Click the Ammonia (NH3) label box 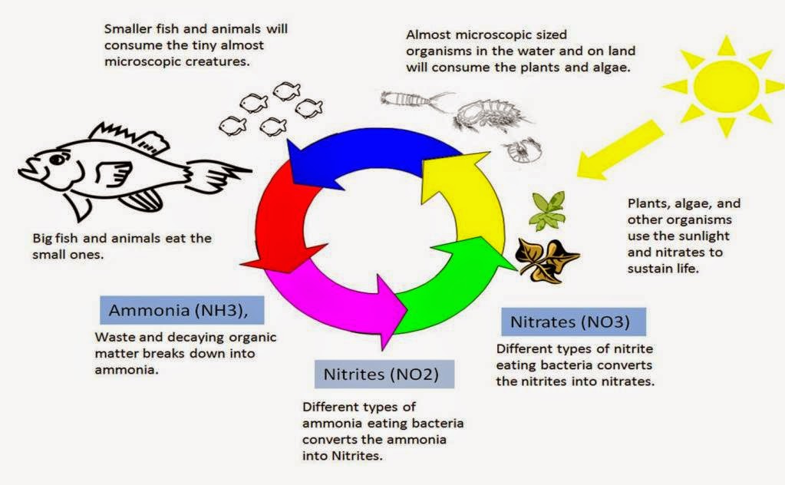182,310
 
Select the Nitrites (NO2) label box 384,374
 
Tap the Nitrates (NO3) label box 573,322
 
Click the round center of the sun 726,86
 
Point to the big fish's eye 58,159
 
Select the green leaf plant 548,210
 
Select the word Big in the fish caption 42,239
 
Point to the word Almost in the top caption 429,35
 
